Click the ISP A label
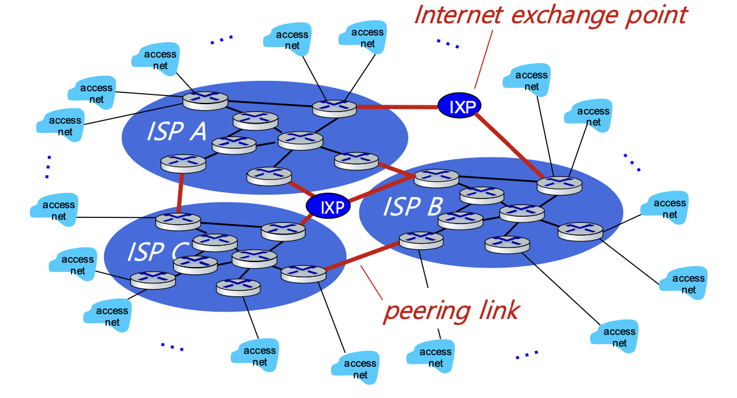coord(176,132)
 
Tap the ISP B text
coord(413,206)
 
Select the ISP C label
coord(158,252)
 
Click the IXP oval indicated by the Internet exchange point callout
coord(459,105)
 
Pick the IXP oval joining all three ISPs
coord(328,205)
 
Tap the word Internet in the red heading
coord(458,15)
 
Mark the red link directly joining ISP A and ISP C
coord(180,193)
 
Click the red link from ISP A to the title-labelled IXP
coord(397,107)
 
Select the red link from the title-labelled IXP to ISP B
coord(509,145)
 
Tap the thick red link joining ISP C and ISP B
coord(362,257)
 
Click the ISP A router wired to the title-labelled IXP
coord(334,108)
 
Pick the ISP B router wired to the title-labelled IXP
coord(559,186)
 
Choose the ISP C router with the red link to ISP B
coord(304,274)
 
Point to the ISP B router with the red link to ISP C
coord(421,240)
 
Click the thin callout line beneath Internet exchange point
coord(484,59)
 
